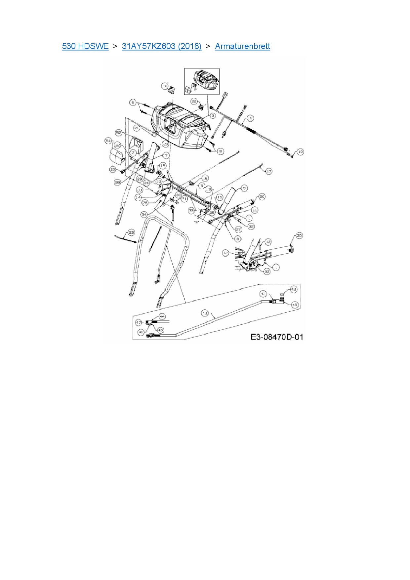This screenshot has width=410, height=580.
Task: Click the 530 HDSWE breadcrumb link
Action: [x=85, y=46]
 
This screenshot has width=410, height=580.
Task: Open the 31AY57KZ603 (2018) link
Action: [x=162, y=46]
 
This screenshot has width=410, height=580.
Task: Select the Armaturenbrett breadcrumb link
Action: [x=242, y=46]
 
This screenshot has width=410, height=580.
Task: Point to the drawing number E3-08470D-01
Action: [x=277, y=337]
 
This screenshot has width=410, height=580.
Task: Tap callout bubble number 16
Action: [x=165, y=86]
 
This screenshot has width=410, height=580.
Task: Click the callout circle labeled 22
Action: [x=194, y=101]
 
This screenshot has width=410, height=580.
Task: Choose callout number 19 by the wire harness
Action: [x=250, y=118]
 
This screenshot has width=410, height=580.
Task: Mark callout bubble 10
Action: [x=300, y=152]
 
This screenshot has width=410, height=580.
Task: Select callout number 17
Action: [x=269, y=171]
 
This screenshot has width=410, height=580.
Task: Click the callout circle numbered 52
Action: [x=119, y=133]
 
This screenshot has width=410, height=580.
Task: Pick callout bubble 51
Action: [x=108, y=141]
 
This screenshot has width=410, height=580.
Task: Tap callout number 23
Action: [x=132, y=232]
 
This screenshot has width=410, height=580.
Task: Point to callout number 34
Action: [x=144, y=214]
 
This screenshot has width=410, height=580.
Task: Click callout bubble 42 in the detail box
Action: [x=294, y=289]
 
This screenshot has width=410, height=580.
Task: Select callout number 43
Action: [x=263, y=294]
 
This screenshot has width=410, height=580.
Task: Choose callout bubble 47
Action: [x=139, y=322]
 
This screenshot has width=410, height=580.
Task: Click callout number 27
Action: [x=238, y=229]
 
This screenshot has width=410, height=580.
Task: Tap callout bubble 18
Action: [x=205, y=178]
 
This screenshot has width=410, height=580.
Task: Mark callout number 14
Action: [x=138, y=197]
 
